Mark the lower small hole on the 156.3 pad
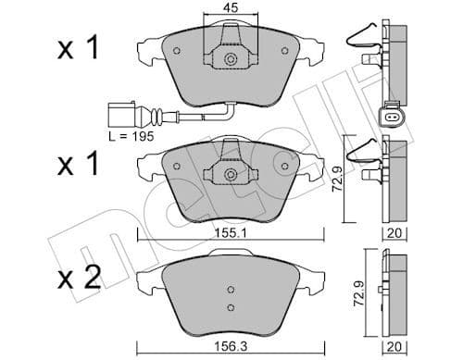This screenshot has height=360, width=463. tap(230, 307)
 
